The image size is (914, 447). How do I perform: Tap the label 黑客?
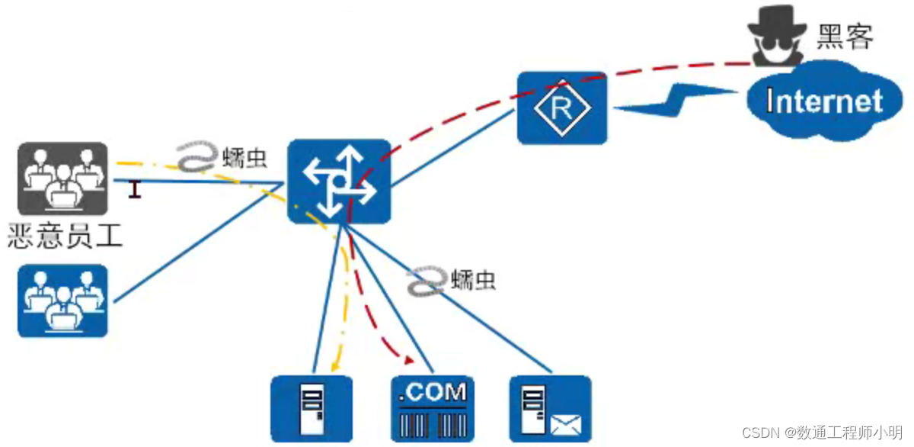click(x=844, y=36)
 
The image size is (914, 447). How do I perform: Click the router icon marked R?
click(x=562, y=108)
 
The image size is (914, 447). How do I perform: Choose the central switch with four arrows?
click(x=339, y=182)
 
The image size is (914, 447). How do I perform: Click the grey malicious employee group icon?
click(x=62, y=178)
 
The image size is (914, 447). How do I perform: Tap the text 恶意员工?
click(x=64, y=235)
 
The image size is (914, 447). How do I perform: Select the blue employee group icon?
click(x=62, y=301)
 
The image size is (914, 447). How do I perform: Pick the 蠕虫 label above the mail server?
click(x=473, y=280)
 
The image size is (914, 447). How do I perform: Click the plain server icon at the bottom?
click(x=312, y=408)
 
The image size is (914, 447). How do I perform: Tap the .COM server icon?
click(x=432, y=408)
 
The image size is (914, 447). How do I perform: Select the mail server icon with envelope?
click(x=549, y=408)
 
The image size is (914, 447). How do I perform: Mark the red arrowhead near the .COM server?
click(x=410, y=360)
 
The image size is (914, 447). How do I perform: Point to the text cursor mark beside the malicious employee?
click(x=135, y=189)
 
